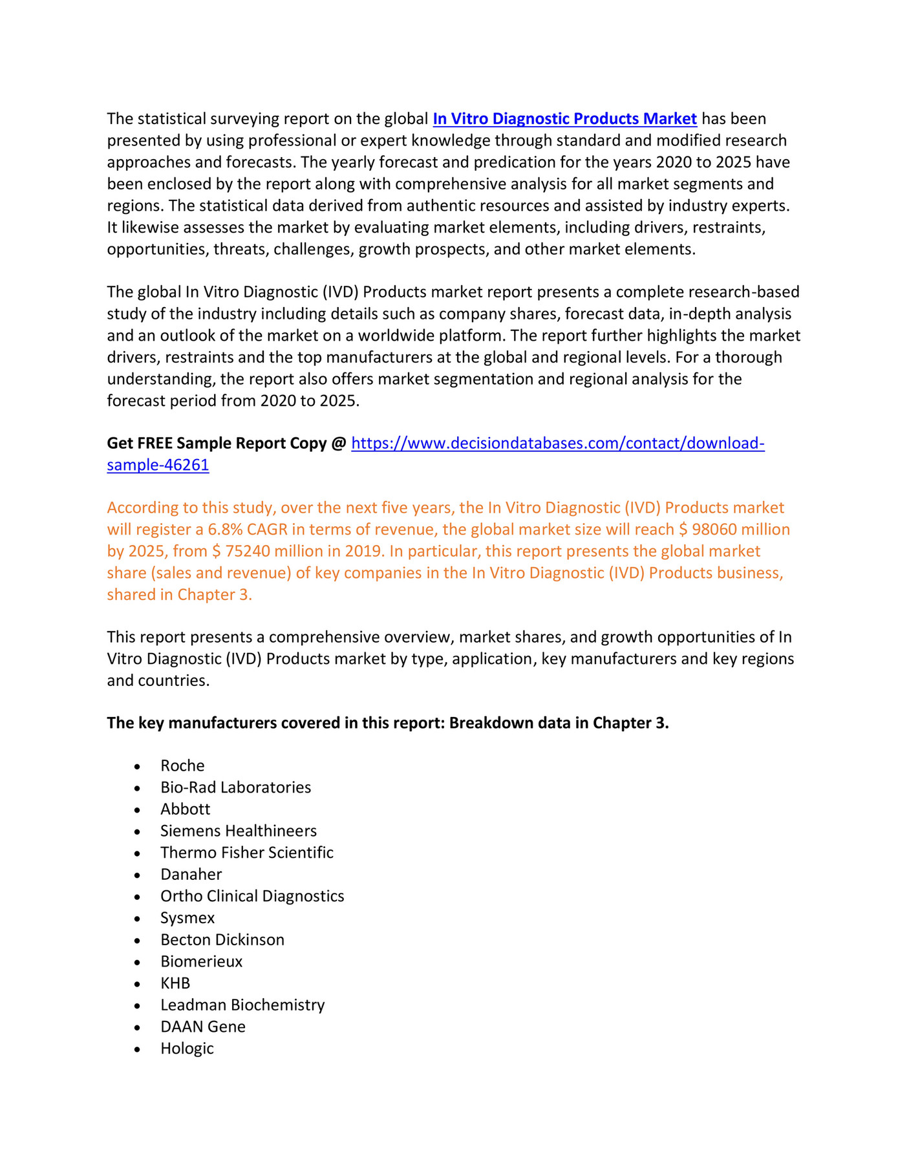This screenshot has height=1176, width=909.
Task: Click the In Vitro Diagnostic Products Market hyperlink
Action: click(564, 119)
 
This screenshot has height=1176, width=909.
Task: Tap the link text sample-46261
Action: click(158, 465)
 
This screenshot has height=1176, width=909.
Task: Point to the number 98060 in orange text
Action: click(714, 530)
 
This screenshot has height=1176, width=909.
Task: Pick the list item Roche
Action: click(182, 766)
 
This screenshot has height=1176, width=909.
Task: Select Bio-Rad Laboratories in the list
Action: click(235, 787)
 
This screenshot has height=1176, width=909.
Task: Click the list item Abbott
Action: click(185, 809)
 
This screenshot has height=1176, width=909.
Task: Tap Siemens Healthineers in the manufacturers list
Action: click(239, 831)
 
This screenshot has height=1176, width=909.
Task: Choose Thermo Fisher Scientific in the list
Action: click(247, 853)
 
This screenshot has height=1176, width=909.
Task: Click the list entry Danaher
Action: click(191, 875)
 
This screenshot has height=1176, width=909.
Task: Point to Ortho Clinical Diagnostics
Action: click(252, 897)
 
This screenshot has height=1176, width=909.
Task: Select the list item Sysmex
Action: click(187, 918)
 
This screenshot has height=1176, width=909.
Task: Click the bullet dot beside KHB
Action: click(137, 985)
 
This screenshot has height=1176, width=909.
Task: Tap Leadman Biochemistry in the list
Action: click(242, 1005)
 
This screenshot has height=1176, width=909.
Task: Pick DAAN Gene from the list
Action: click(203, 1027)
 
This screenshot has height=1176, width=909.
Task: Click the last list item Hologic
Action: click(187, 1049)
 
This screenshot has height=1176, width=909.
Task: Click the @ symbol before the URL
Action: click(338, 444)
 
